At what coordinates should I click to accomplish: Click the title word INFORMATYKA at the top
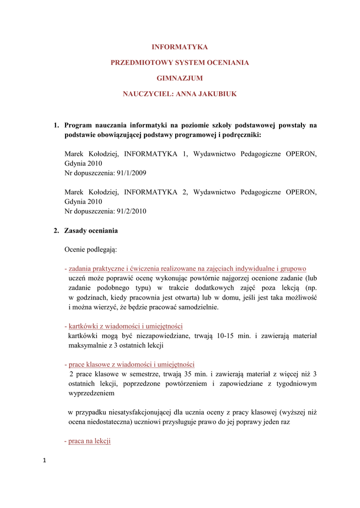pyautogui.click(x=180, y=47)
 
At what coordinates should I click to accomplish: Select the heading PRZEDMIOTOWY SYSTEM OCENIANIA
pyautogui.click(x=180, y=63)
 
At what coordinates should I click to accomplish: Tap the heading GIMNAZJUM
pyautogui.click(x=180, y=78)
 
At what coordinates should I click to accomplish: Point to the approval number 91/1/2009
pyautogui.click(x=132, y=173)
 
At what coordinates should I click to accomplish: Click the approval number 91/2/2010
pyautogui.click(x=132, y=211)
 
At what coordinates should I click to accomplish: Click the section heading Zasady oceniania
pyautogui.click(x=91, y=231)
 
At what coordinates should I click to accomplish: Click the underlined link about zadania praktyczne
pyautogui.click(x=187, y=268)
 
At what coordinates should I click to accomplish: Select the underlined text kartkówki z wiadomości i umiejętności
pyautogui.click(x=126, y=326)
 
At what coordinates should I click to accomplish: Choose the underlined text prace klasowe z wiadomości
pyautogui.click(x=132, y=364)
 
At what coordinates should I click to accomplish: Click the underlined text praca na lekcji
pyautogui.click(x=89, y=441)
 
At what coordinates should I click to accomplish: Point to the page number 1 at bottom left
pyautogui.click(x=44, y=461)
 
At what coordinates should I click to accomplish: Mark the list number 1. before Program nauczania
pyautogui.click(x=57, y=126)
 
